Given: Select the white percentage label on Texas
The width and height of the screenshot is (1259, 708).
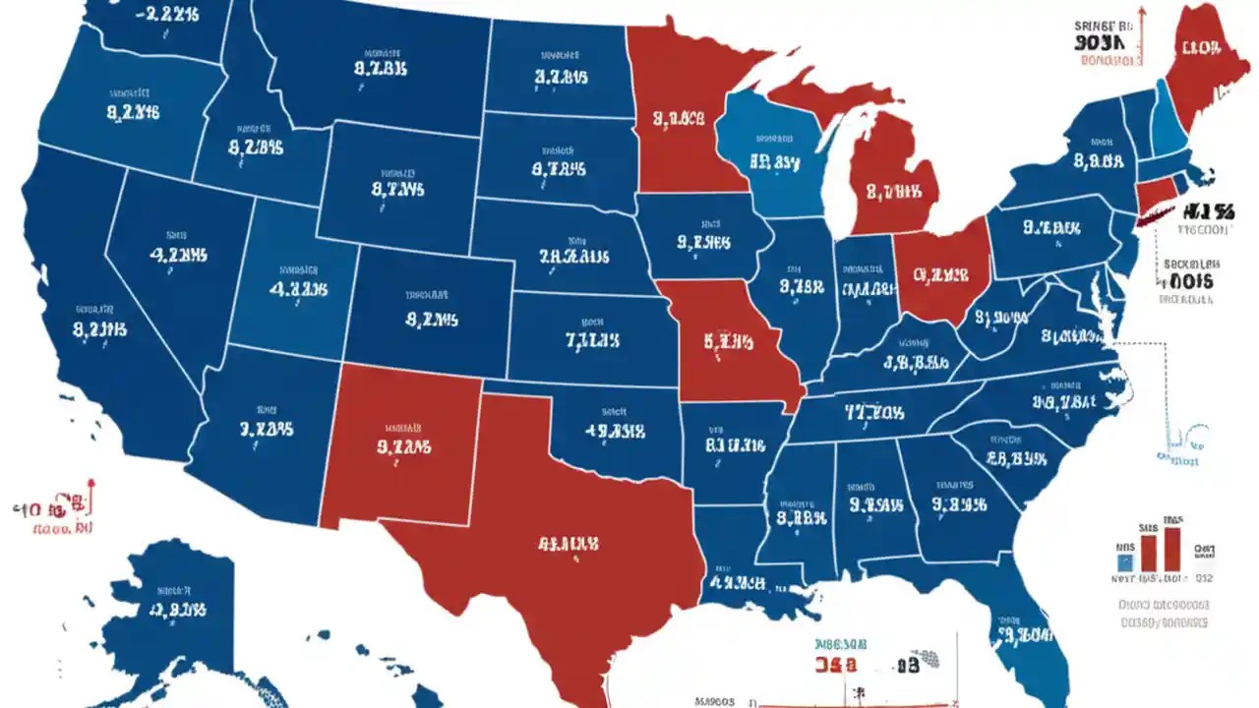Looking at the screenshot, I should [568, 543].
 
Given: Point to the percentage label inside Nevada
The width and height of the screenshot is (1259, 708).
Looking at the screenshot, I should [178, 255].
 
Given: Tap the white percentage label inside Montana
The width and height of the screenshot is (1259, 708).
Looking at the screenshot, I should [380, 69].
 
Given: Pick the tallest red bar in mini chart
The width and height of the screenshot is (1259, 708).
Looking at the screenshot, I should [1171, 547].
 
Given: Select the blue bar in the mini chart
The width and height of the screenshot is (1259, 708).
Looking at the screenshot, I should [1125, 561].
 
